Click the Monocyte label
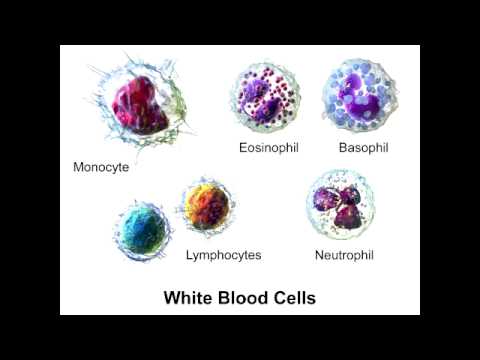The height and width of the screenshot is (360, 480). point(101,167)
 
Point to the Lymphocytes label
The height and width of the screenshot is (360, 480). point(223,255)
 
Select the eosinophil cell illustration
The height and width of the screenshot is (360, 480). point(267,100)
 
